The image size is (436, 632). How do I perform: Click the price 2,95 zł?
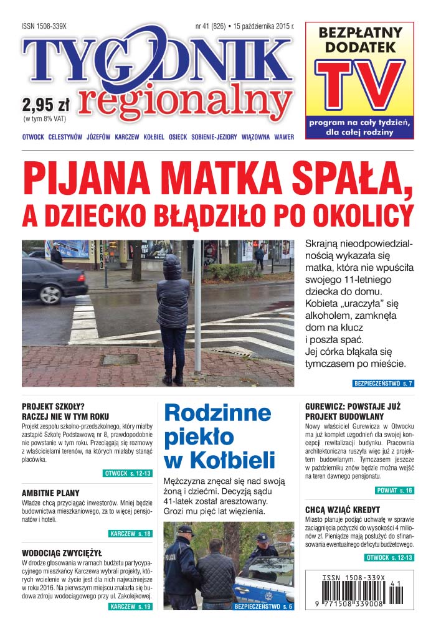pyautogui.click(x=45, y=103)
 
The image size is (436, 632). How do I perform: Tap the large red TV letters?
pyautogui.click(x=359, y=85)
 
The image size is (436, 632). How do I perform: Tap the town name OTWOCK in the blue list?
pyautogui.click(x=32, y=137)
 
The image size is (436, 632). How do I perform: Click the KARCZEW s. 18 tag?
pyautogui.click(x=130, y=534)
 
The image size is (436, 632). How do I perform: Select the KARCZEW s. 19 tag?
pyautogui.click(x=130, y=606)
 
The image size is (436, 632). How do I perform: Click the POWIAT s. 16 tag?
pyautogui.click(x=391, y=491)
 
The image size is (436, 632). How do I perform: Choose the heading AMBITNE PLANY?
pyautogui.click(x=51, y=493)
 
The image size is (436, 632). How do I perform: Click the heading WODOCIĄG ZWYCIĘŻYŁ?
pyautogui.click(x=62, y=552)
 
